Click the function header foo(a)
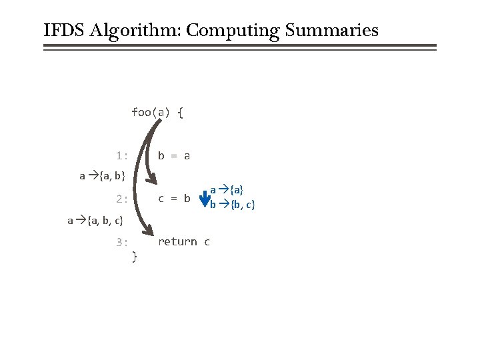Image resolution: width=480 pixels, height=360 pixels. tap(151, 112)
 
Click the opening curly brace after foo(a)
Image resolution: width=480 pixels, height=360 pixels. tap(181, 112)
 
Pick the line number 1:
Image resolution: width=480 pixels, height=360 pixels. tap(121, 156)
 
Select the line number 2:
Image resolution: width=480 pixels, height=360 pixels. tap(121, 199)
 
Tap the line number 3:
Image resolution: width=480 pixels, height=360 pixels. tap(121, 242)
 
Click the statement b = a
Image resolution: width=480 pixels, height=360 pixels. tap(174, 156)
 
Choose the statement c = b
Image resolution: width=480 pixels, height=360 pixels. tap(174, 199)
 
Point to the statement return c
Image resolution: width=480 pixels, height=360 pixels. tap(184, 242)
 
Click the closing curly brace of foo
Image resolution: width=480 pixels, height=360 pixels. tap(135, 255)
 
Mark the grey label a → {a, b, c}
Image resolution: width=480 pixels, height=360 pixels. tap(95, 220)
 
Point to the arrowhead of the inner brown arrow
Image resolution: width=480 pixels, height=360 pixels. tap(153, 180)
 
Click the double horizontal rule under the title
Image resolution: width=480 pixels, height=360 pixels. tap(240, 47)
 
